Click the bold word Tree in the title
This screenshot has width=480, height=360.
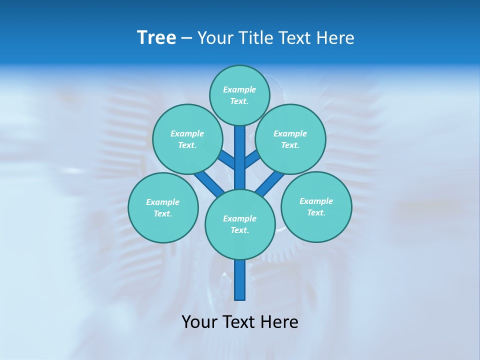(156, 37)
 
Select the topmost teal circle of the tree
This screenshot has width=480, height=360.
(239, 95)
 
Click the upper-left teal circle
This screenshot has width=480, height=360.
(187, 139)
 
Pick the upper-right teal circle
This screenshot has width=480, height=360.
(290, 139)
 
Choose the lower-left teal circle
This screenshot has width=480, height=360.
(163, 207)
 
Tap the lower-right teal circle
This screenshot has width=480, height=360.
(316, 206)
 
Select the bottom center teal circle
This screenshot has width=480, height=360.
(240, 224)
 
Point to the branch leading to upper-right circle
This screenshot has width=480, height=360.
(251, 160)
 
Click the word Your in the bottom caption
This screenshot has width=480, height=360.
(199, 321)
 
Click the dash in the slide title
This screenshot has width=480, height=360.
(186, 38)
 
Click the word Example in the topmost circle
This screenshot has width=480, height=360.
(239, 89)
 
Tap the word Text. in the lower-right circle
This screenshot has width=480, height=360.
(316, 212)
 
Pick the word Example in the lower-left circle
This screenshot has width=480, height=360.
(163, 202)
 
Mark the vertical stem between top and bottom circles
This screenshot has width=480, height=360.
(240, 157)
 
